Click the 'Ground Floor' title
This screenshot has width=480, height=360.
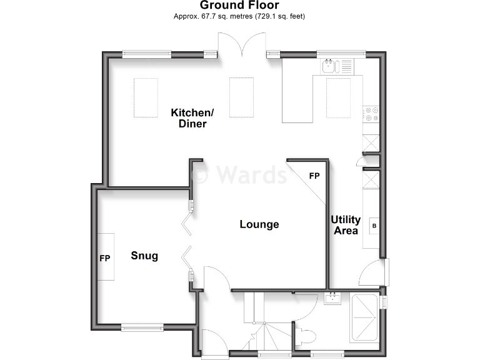point(239,6)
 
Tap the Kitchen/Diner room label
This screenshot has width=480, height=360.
point(192,118)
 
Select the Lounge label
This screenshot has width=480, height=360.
point(259,224)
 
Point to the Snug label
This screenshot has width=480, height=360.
point(144,256)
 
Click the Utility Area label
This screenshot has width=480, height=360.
point(346,225)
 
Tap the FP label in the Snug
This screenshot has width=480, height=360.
point(104,257)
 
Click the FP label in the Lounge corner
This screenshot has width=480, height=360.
point(314,176)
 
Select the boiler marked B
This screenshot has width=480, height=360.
point(374,225)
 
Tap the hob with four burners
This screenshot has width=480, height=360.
point(372,114)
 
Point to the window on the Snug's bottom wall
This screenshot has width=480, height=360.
point(142,325)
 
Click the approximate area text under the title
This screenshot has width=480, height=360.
point(239,16)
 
